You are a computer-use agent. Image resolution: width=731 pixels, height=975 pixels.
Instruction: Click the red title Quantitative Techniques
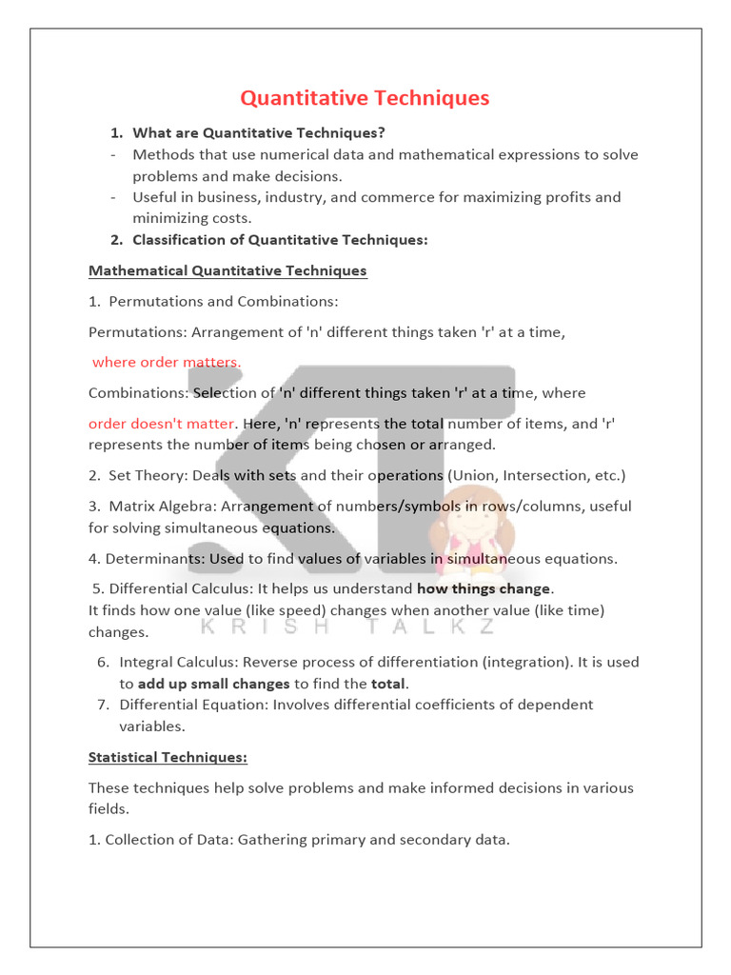(x=365, y=98)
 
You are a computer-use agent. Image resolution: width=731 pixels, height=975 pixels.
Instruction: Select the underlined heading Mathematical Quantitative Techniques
(x=227, y=270)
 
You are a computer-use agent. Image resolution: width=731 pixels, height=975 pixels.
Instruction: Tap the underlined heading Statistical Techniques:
(x=168, y=757)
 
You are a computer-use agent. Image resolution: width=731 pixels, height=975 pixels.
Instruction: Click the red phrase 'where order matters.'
(x=167, y=362)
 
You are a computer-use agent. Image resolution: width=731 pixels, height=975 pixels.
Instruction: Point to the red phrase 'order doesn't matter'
(x=161, y=424)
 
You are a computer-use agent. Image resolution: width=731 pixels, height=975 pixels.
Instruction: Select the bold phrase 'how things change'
(x=484, y=588)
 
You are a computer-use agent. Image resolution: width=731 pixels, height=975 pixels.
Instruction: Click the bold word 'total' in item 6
(x=388, y=684)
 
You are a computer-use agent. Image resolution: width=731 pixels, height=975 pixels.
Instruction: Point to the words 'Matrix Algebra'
(x=156, y=506)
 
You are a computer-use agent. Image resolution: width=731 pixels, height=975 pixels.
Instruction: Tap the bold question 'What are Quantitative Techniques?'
(x=259, y=132)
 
